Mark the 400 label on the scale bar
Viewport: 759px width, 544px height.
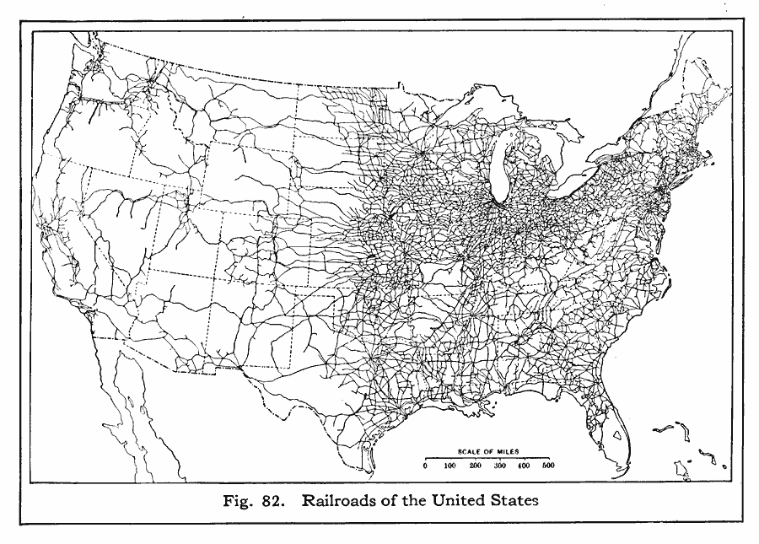(524, 466)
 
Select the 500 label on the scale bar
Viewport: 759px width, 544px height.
(548, 466)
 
